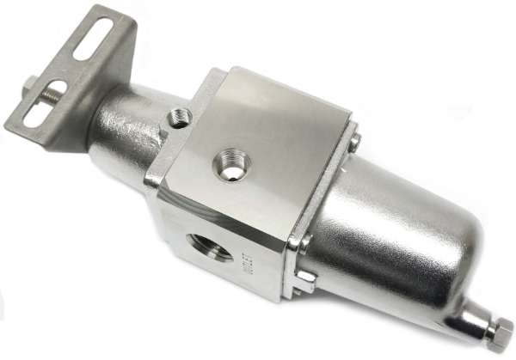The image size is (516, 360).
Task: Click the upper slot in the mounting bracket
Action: click(95, 44)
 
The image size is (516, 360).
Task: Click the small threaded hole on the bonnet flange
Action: click(181, 115)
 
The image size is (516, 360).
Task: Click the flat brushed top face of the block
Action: click(258, 146)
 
